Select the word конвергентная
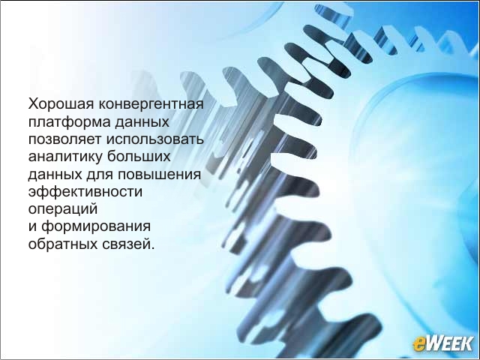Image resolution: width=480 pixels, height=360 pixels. [x=151, y=104]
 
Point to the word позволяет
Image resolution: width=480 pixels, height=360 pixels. [x=64, y=139]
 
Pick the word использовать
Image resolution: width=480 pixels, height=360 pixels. [x=155, y=139]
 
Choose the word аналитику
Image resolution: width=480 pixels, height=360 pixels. [x=65, y=157]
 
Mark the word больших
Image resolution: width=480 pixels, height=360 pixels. [x=139, y=156]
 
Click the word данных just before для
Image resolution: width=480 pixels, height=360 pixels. [x=55, y=175]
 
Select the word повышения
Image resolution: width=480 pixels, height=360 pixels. [x=159, y=175]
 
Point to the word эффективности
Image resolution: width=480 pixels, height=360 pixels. [x=85, y=192]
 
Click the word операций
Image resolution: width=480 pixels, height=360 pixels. [x=63, y=209]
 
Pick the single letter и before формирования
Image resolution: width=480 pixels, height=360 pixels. [x=33, y=227]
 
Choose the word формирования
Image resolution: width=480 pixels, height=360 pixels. [x=96, y=227]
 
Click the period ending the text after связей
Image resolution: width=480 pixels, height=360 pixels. [x=153, y=248]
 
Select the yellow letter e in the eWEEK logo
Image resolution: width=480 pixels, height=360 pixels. [x=418, y=343]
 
